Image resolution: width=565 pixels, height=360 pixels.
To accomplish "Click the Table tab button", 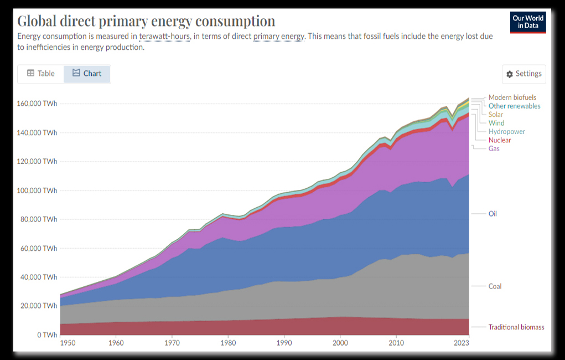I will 42,74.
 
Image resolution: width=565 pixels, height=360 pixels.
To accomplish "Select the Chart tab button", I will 87,74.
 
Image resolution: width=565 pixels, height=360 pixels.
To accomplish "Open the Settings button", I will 523,74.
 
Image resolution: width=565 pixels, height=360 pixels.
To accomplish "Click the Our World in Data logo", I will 528,22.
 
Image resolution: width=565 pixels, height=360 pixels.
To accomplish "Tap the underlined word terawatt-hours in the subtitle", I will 165,37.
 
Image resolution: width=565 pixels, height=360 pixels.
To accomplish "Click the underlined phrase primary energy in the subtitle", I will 279,37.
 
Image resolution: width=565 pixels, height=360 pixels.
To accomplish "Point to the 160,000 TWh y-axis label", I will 37,104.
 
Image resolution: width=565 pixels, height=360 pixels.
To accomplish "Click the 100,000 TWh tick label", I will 37,191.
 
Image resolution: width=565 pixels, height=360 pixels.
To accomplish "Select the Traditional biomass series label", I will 516,327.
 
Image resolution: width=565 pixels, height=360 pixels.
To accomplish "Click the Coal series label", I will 495,286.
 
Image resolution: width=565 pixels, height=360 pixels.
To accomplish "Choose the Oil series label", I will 493,213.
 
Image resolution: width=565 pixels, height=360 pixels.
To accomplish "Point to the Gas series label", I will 494,149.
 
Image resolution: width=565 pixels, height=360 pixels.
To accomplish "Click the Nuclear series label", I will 500,140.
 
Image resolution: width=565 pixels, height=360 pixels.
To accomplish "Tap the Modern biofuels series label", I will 512,97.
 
